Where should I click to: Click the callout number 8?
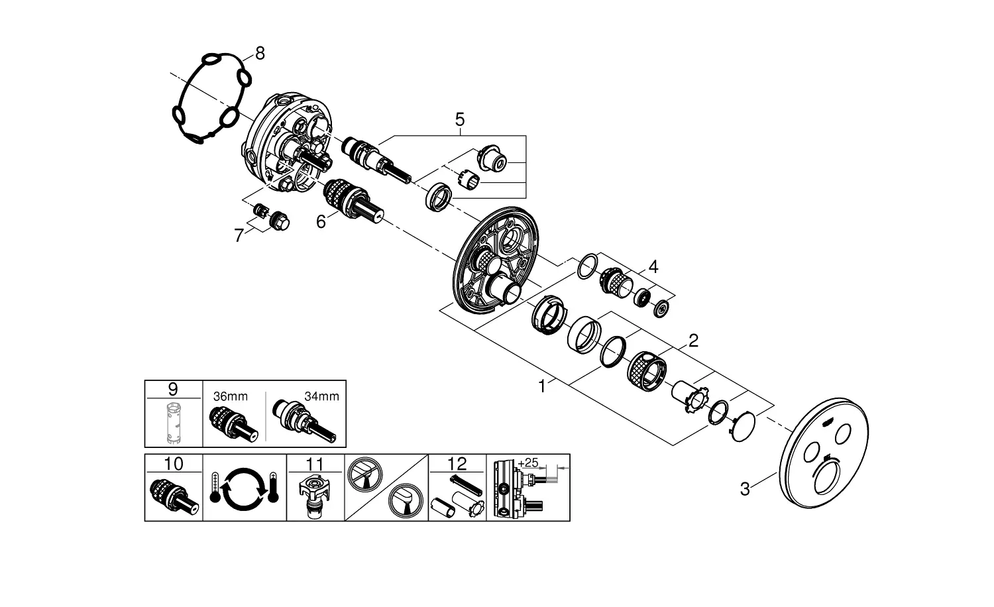(x=260, y=54)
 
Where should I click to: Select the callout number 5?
(x=459, y=120)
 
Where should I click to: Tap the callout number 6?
(x=321, y=221)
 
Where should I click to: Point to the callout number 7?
(x=239, y=235)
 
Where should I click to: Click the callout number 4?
(x=653, y=267)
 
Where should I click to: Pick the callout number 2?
(x=693, y=341)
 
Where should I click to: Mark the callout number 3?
(x=745, y=490)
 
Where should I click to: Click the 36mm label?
(x=231, y=396)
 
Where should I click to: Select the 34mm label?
(x=321, y=396)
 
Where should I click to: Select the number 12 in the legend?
(x=457, y=463)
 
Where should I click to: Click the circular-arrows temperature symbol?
(x=244, y=488)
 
